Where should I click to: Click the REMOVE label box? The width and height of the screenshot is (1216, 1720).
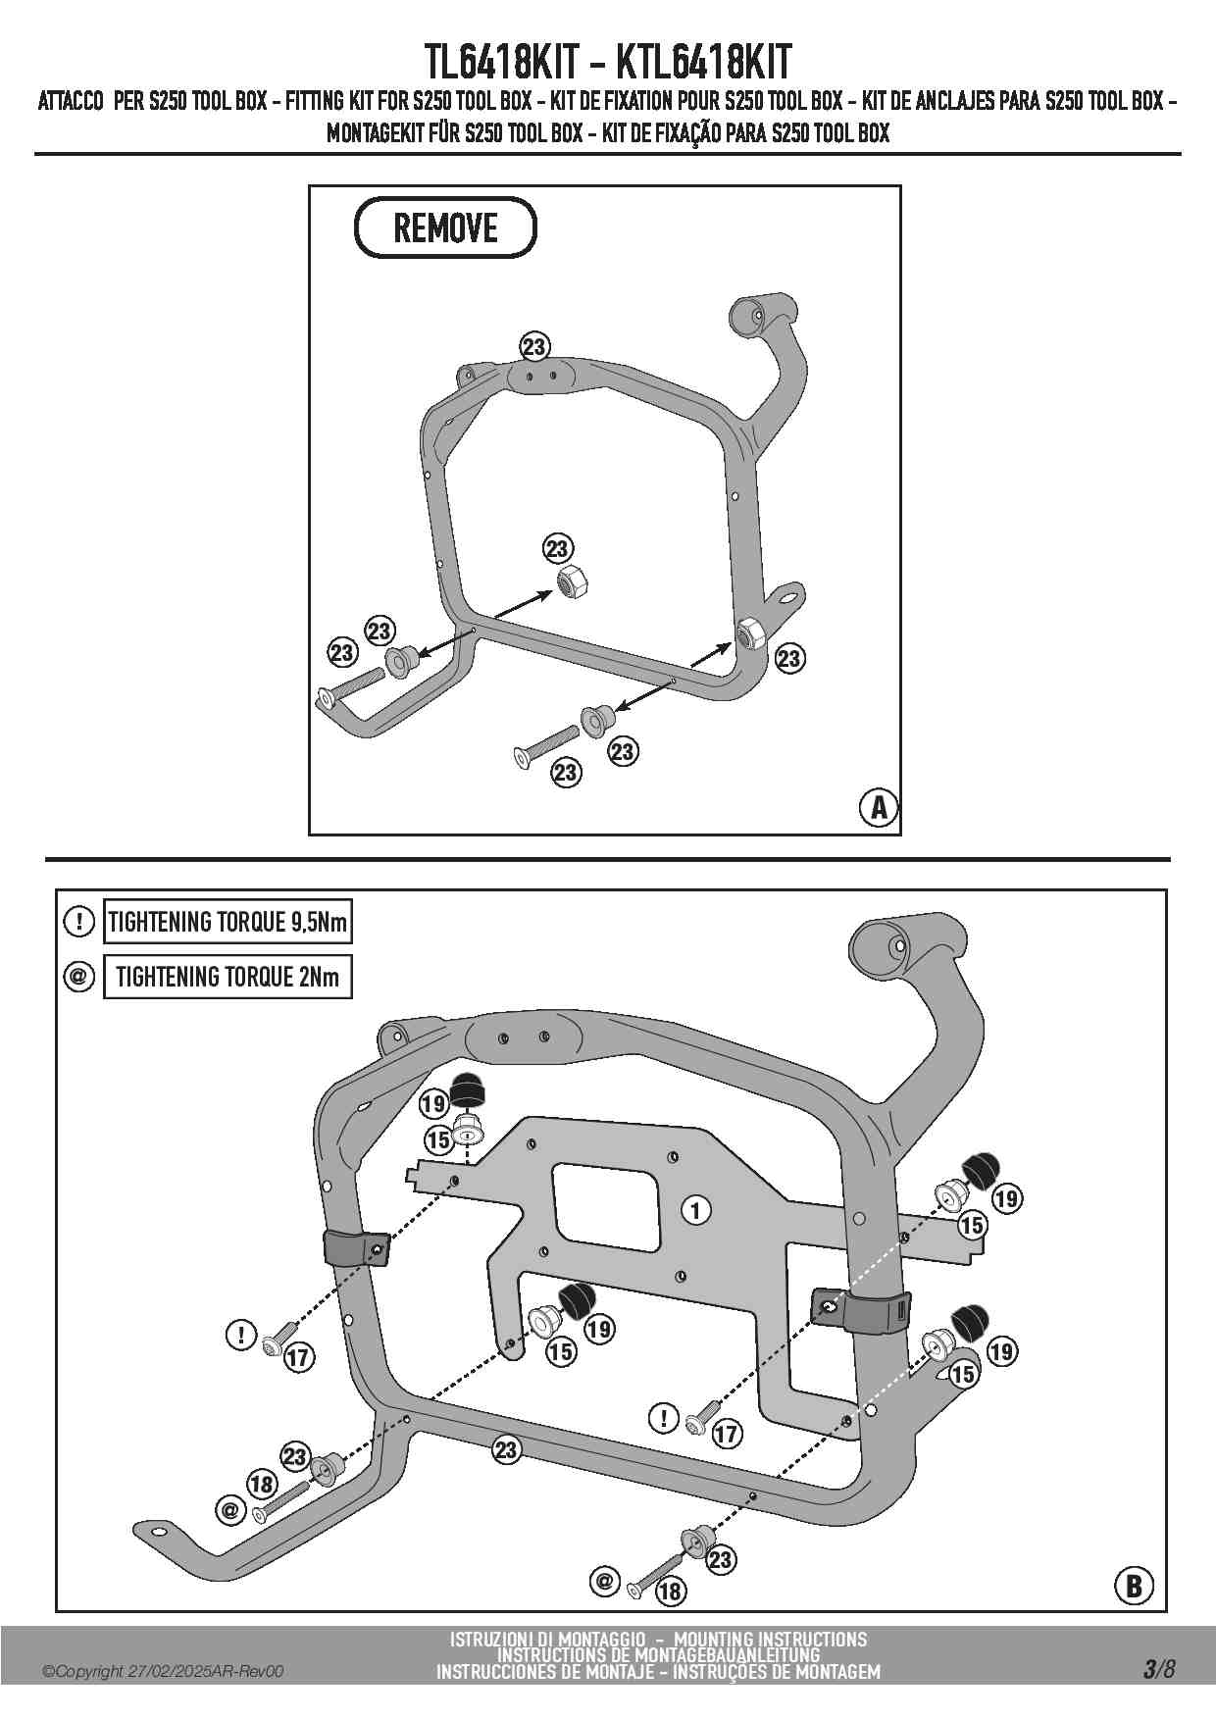(x=445, y=228)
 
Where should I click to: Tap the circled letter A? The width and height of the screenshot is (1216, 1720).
(x=879, y=807)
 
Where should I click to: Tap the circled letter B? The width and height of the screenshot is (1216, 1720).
(x=1134, y=1586)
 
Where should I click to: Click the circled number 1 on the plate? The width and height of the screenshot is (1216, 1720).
(x=695, y=1210)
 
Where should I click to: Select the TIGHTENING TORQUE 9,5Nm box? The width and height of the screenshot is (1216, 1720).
(x=227, y=922)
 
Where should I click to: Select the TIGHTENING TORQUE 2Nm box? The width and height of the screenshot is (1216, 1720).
(x=227, y=977)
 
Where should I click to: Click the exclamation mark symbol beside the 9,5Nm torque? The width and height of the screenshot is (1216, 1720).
(x=77, y=922)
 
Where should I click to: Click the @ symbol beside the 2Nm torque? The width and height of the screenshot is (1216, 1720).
(x=77, y=977)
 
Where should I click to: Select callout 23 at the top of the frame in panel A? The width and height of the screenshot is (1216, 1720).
(x=533, y=347)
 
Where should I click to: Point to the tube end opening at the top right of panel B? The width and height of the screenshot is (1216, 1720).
(x=886, y=945)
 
